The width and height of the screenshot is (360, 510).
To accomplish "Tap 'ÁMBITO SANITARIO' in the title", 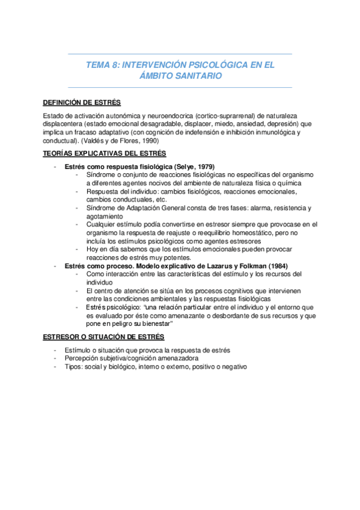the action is pyautogui.click(x=180, y=76).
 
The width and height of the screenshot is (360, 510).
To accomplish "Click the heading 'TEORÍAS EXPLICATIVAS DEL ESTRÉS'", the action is pyautogui.click(x=105, y=153).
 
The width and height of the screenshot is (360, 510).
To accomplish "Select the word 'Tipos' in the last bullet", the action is pyautogui.click(x=73, y=367).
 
